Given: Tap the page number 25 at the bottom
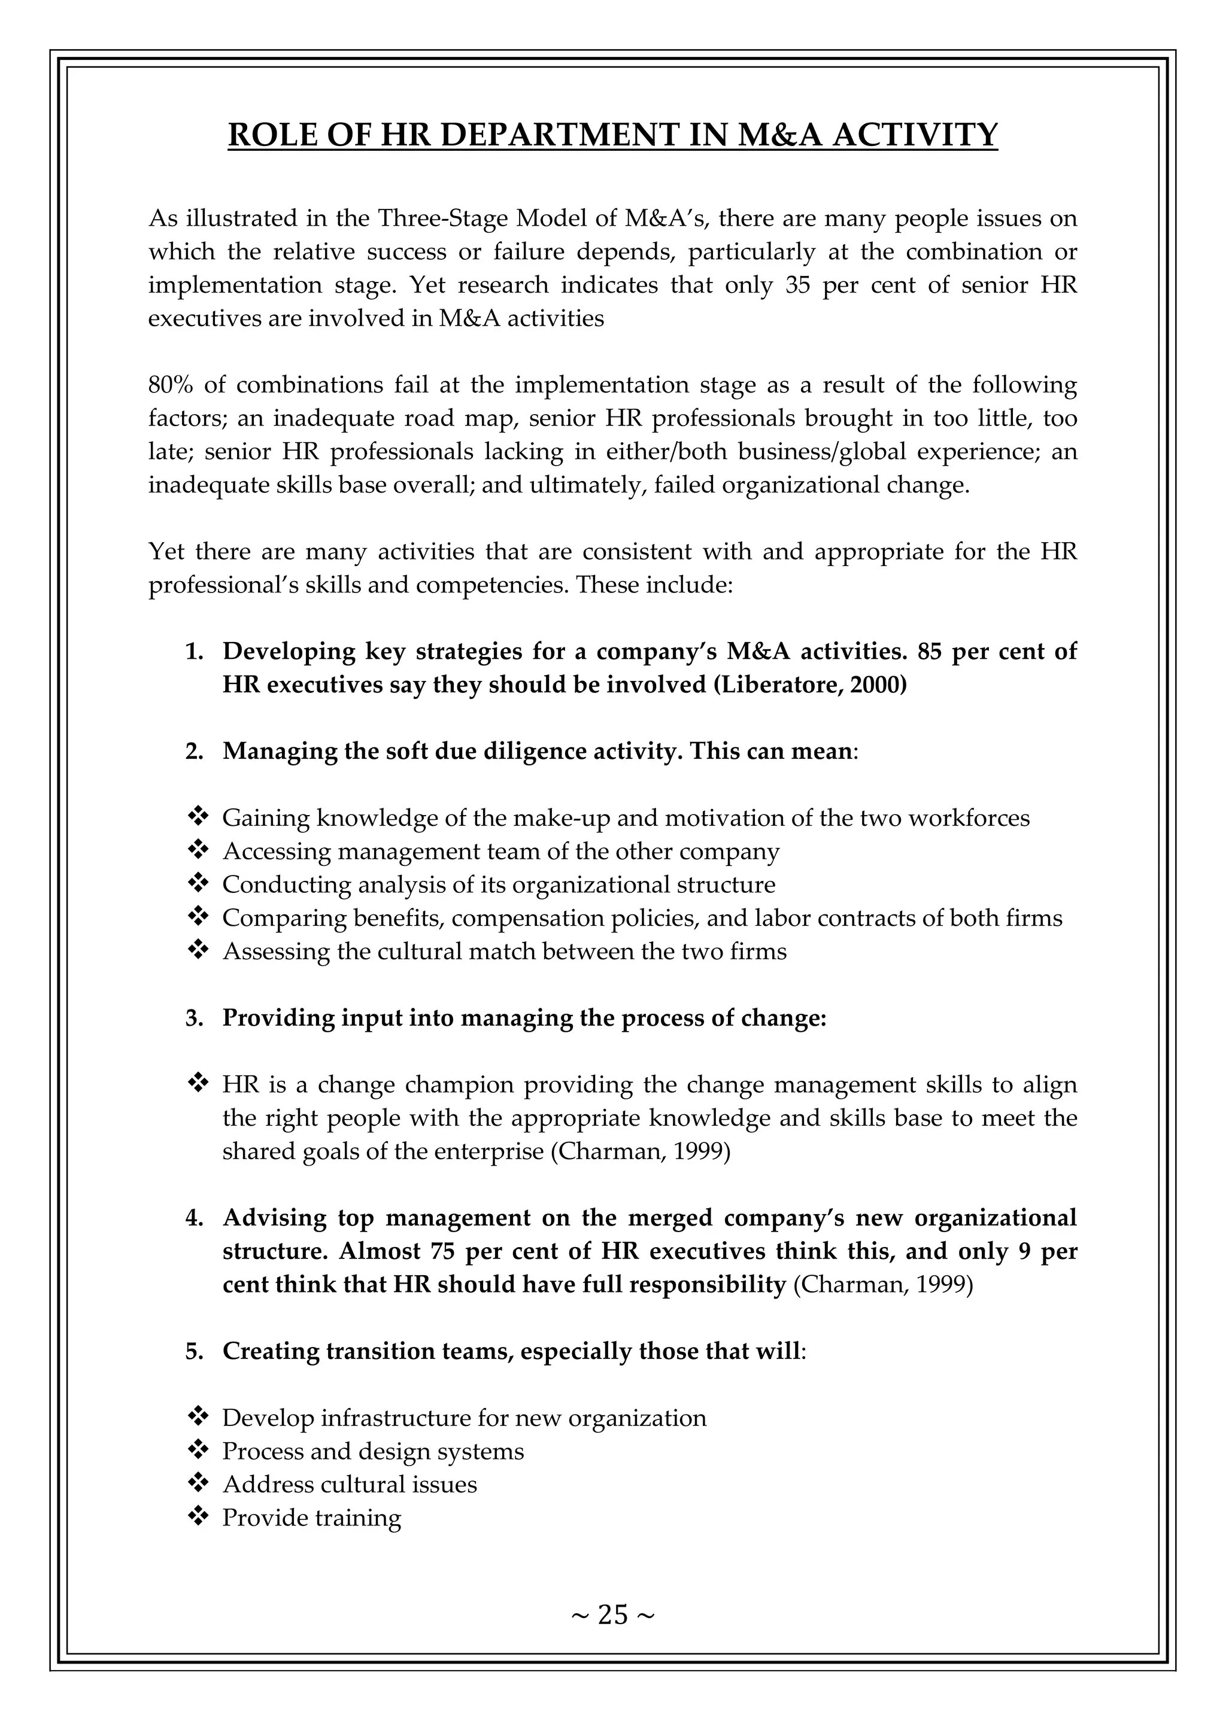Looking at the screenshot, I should coord(612,1615).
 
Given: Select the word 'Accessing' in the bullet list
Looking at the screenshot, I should coord(277,852).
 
